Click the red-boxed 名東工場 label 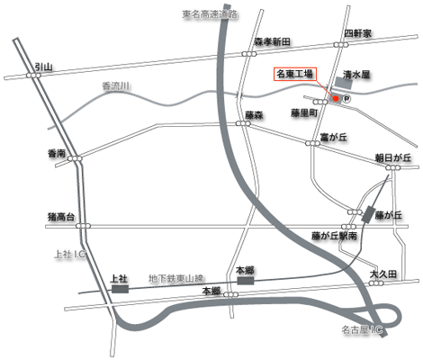[295, 74]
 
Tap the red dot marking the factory [336, 98]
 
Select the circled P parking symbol [346, 98]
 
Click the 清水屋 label [356, 75]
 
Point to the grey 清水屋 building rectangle [344, 83]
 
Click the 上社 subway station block [120, 289]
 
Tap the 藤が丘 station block [369, 214]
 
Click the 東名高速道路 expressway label [210, 14]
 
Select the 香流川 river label [116, 86]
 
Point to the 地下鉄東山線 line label [176, 279]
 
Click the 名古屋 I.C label [362, 330]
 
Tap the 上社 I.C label [70, 255]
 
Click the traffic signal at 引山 [33, 76]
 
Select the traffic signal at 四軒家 [341, 45]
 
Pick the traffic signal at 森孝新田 [249, 54]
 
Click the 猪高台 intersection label [61, 217]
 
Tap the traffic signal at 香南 [75, 158]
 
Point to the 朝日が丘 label [393, 157]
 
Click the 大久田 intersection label [383, 274]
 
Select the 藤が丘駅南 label [334, 236]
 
